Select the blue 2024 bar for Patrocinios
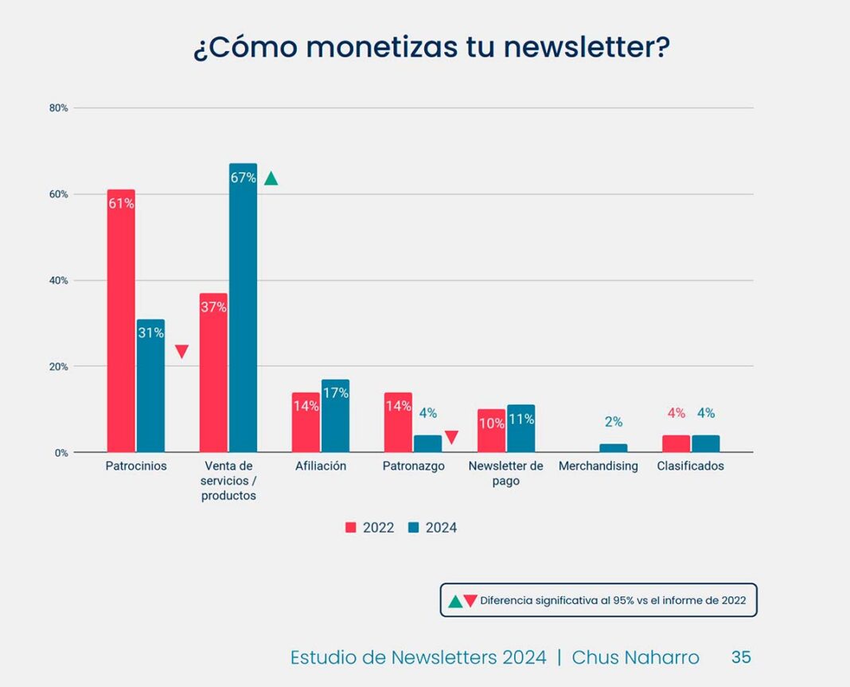[150, 386]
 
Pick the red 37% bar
[213, 373]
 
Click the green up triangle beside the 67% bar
[271, 178]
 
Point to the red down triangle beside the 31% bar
[181, 352]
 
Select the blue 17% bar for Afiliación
[335, 416]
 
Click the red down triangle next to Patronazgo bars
[451, 437]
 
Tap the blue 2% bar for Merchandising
[613, 448]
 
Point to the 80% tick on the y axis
[59, 107]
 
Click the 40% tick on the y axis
[59, 280]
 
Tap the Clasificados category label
[690, 466]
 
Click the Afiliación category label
[321, 466]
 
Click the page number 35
[741, 657]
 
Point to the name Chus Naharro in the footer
[635, 658]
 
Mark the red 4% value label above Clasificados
[676, 413]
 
